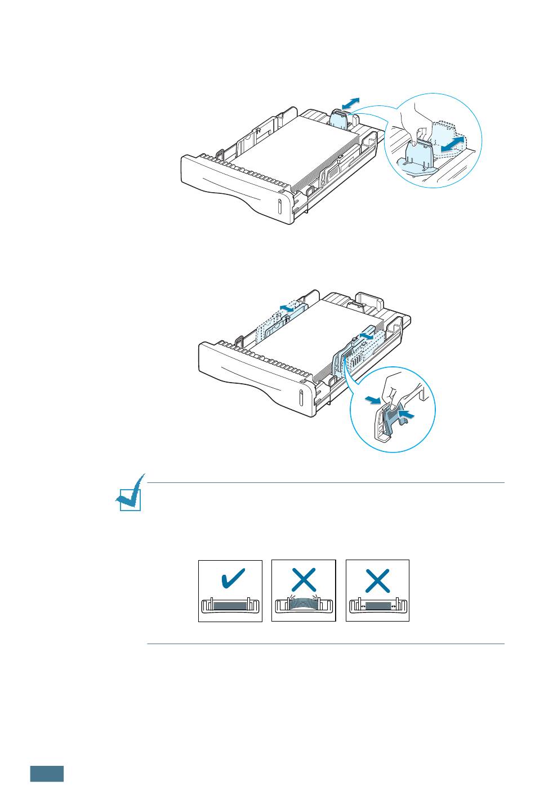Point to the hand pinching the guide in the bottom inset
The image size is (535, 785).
(397, 389)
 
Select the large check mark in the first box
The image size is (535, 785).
(230, 579)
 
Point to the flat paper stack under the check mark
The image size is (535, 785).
(230, 605)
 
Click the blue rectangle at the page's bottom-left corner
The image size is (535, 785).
(47, 773)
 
